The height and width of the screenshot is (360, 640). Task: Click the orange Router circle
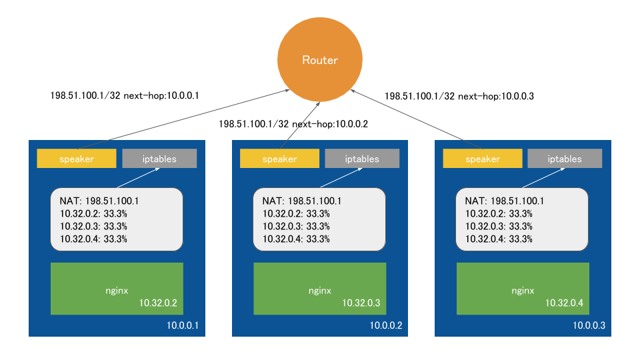320,60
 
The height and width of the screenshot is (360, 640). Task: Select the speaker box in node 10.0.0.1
77,159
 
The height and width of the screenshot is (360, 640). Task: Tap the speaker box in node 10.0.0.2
279,159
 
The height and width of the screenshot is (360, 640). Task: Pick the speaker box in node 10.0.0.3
482,159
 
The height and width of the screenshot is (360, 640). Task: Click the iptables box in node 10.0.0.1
159,159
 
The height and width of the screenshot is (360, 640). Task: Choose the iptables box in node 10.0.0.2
362,159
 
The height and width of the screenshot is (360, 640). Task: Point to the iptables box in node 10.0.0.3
565,159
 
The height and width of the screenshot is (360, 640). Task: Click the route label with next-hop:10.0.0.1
125,95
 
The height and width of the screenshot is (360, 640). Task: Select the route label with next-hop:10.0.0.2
293,123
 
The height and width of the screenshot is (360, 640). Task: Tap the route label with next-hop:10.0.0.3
459,96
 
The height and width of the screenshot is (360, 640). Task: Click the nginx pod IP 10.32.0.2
158,303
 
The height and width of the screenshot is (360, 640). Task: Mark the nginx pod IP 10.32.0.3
361,303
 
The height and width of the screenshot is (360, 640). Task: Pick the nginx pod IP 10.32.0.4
564,303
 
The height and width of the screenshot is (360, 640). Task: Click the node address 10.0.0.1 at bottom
182,325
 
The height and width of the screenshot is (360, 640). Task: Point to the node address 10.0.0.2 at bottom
385,325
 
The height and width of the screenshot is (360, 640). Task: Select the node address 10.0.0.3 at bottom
588,325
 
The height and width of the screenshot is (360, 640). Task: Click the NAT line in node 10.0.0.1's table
99,201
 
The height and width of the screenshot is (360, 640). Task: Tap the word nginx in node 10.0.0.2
320,291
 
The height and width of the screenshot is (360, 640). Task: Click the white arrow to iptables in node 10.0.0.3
543,177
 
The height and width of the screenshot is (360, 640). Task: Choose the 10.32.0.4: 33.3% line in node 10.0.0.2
296,239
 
